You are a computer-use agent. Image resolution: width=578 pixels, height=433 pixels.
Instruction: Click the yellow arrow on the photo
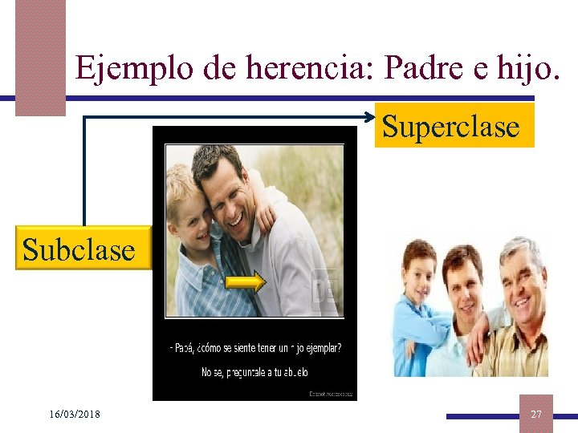(245, 281)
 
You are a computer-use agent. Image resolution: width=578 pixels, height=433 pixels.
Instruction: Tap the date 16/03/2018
(74, 415)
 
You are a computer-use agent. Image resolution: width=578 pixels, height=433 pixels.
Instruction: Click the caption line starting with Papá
(255, 348)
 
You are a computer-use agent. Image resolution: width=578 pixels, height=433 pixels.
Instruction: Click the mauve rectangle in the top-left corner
(40, 56)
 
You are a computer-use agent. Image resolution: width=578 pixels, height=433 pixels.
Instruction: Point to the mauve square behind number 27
(535, 413)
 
